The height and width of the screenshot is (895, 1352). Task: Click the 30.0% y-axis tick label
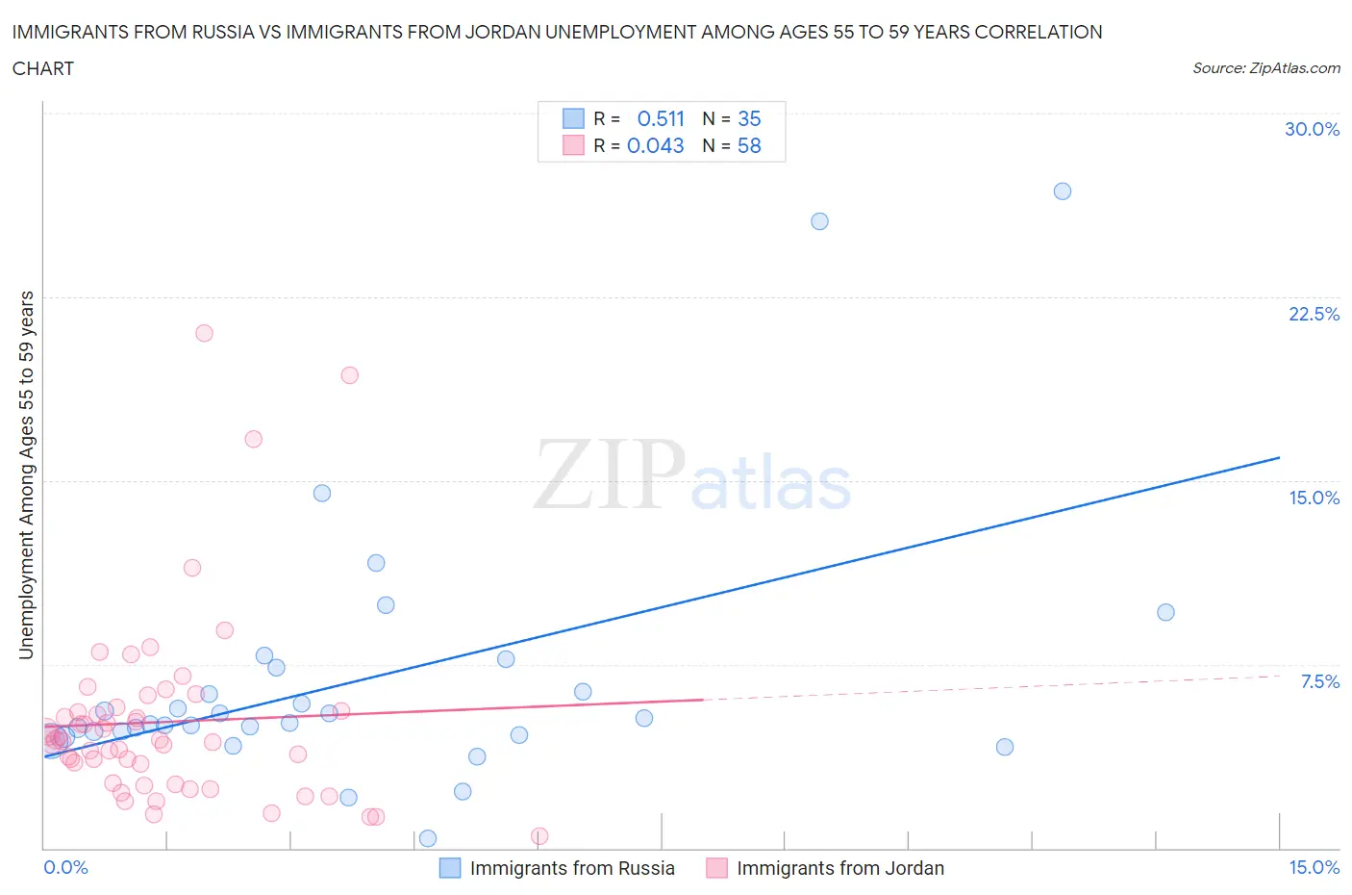(x=1312, y=129)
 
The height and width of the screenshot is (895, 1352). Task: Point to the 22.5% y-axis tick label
(x=1314, y=314)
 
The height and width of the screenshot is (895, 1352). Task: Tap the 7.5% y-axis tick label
(x=1319, y=681)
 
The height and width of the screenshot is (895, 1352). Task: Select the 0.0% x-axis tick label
(x=65, y=867)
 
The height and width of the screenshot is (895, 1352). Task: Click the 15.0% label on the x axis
(x=1314, y=867)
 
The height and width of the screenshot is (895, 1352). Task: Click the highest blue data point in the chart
(x=1063, y=192)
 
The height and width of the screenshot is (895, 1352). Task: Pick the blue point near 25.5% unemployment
(x=819, y=221)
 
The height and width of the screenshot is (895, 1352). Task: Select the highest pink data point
(x=204, y=333)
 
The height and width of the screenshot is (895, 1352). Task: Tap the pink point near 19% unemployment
(x=350, y=375)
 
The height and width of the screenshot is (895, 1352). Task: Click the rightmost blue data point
(x=1165, y=612)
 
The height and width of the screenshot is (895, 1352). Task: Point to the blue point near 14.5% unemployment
(x=322, y=493)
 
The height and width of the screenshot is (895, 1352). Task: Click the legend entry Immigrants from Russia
(x=571, y=868)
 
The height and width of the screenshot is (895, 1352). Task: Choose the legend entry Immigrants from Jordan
(x=839, y=868)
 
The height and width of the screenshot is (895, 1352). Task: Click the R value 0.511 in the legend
(x=661, y=118)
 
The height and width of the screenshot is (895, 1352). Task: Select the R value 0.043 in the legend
(x=655, y=145)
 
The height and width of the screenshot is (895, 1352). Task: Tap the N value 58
(x=749, y=145)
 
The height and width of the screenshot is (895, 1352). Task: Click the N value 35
(x=749, y=118)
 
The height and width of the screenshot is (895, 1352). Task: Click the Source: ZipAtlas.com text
(x=1265, y=67)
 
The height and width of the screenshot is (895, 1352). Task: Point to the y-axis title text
(x=26, y=474)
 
